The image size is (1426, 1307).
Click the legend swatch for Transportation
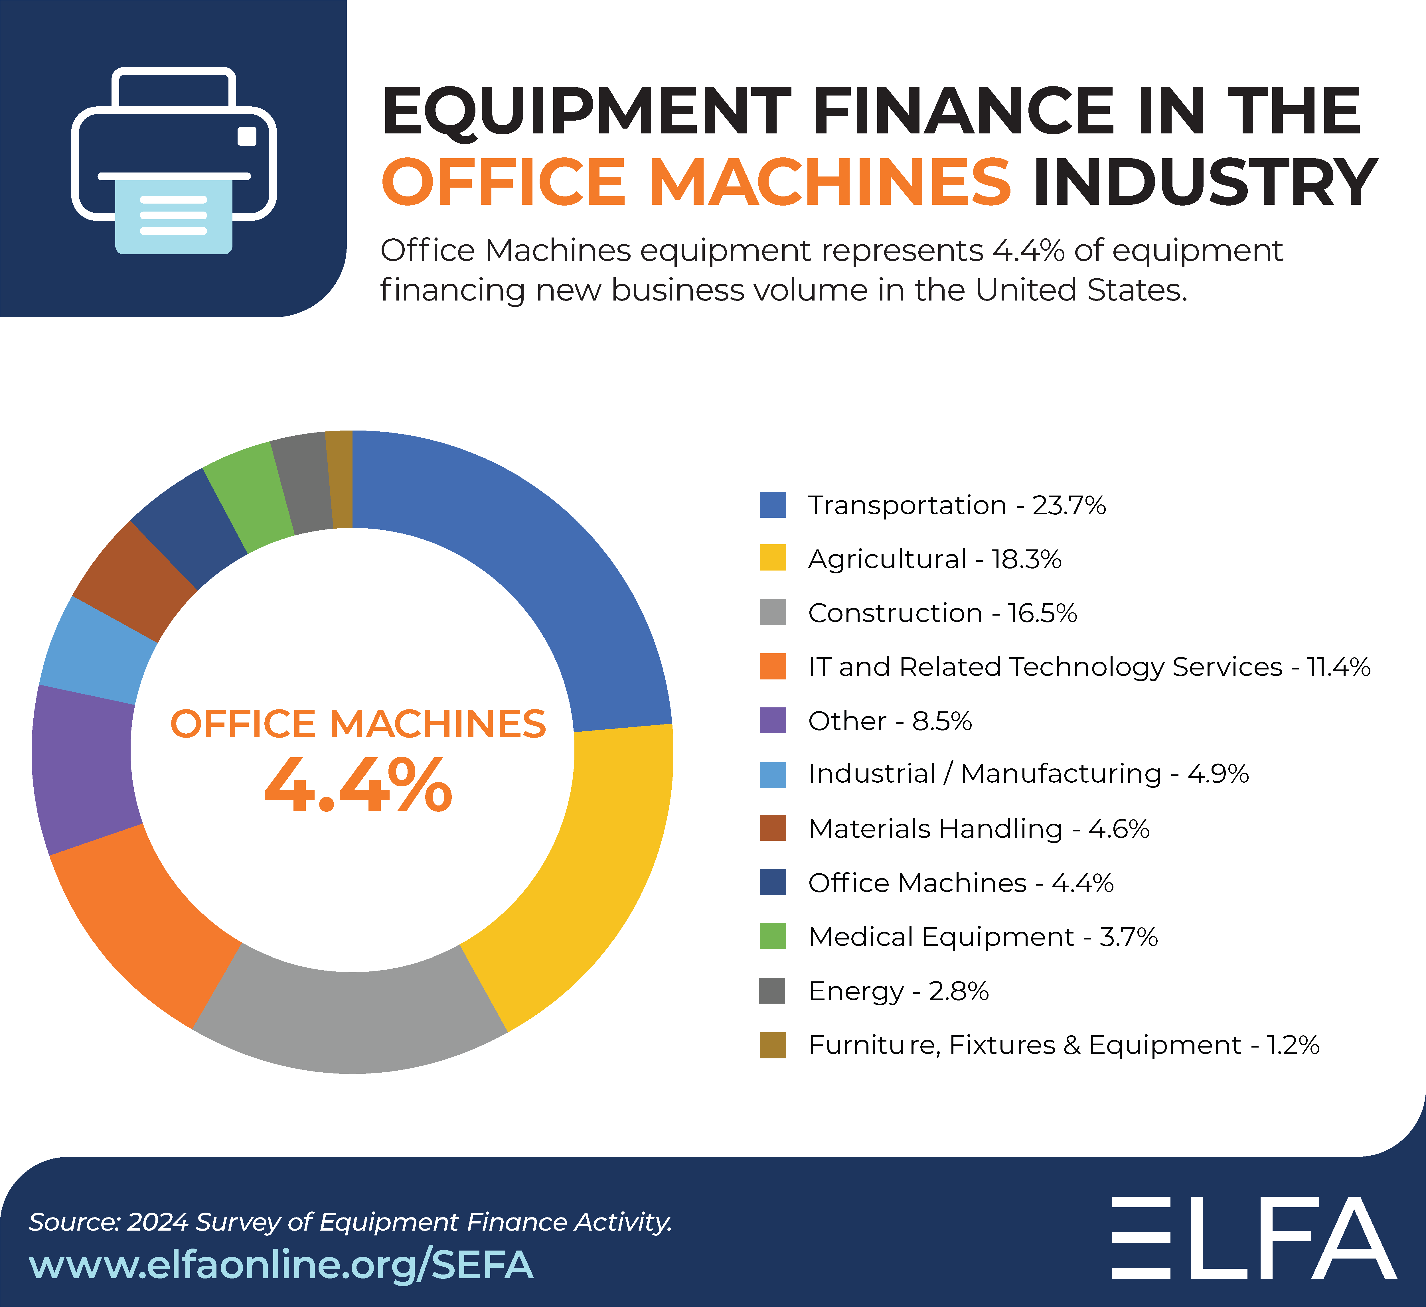772,505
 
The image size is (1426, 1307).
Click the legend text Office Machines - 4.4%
961,883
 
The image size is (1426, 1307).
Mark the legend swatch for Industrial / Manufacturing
772,774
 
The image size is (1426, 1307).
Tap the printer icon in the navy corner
173,161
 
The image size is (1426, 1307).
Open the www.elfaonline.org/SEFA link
281,1265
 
